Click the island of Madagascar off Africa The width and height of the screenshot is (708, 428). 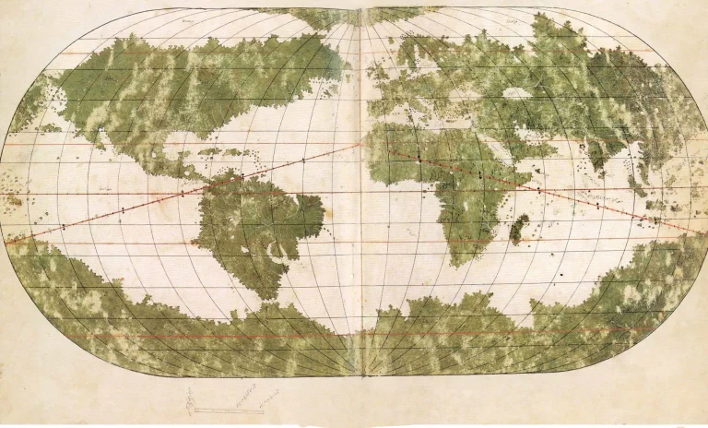pyautogui.click(x=519, y=228)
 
